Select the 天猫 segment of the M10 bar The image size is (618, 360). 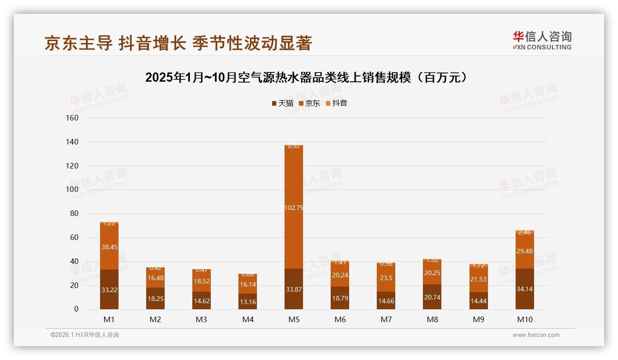point(525,289)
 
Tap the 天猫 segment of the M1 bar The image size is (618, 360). point(109,289)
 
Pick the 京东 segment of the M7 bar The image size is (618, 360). point(386,277)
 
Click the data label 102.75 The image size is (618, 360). point(294,208)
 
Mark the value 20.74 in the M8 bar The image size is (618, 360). point(432,298)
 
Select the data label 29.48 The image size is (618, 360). point(525,251)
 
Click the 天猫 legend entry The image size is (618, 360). point(282,103)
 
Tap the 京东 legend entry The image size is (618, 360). point(309,103)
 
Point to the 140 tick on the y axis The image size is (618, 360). point(72,142)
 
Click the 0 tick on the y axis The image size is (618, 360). point(76,309)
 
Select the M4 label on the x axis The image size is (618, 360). point(248,319)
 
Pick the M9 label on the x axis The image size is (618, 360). point(479,319)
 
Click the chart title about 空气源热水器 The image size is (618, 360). point(309,78)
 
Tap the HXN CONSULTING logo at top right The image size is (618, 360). point(542,41)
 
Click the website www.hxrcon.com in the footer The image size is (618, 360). point(536,335)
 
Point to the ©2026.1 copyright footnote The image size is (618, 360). point(84,335)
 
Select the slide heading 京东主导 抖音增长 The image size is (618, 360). point(178,43)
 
